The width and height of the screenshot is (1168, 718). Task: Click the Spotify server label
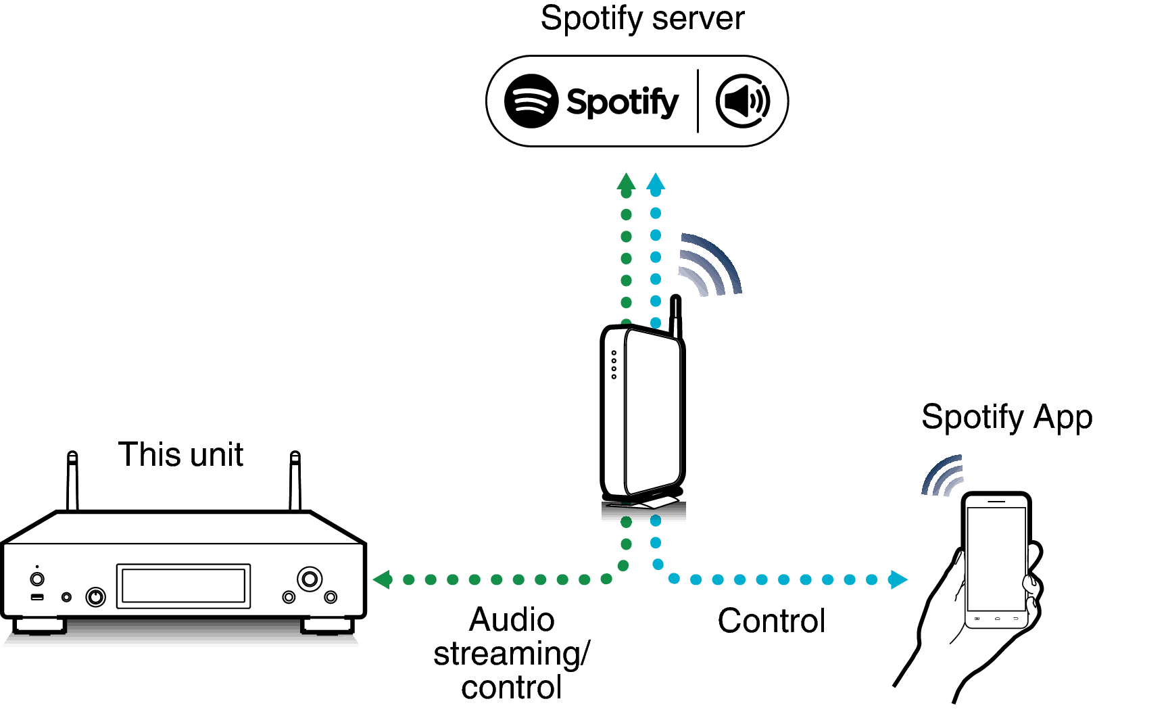pos(642,19)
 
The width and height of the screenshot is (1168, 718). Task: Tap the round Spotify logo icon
pos(531,101)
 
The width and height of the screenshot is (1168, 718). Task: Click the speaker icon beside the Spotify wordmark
pos(743,101)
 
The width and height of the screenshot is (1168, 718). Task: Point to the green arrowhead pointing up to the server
pos(627,183)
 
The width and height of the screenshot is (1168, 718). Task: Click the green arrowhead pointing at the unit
pos(383,579)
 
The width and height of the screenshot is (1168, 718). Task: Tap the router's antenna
pos(675,315)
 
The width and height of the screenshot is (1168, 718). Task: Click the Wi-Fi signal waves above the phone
pos(943,475)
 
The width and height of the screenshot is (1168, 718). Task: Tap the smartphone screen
pos(996,558)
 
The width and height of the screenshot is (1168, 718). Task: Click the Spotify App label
pos(1006,417)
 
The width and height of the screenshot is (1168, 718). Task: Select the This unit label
pos(180,454)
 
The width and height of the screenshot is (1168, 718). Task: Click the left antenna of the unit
pos(72,481)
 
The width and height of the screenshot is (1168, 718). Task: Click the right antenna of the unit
pos(295,481)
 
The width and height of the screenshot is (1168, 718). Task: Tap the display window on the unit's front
pos(183,585)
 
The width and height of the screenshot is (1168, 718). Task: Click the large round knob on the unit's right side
pos(310,579)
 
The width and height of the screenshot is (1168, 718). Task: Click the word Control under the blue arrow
pos(771,621)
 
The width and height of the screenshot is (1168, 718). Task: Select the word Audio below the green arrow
pos(512,619)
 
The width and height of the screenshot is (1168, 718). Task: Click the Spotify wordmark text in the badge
pos(622,102)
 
